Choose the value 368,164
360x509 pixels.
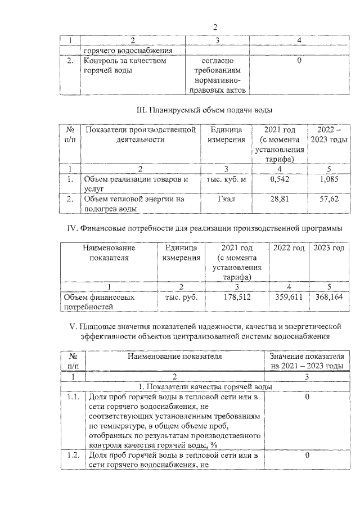[328, 296]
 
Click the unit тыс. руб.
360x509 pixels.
[181, 296]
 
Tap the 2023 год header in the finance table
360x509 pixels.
[328, 248]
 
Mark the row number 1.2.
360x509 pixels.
[71, 455]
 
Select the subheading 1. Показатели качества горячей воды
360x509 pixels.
[205, 387]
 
